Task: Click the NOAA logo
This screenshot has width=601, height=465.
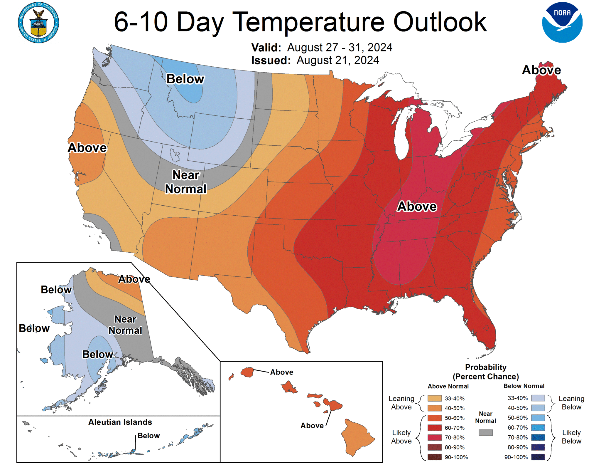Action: [x=562, y=22]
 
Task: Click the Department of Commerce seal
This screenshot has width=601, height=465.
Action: [x=38, y=23]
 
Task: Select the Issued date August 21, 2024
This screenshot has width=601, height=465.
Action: [x=337, y=60]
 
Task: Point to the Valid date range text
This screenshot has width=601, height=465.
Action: [x=340, y=47]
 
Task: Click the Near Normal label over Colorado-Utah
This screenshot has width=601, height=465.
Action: [x=185, y=182]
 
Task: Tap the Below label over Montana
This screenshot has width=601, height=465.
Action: [x=185, y=79]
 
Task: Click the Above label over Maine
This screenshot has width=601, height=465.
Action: [x=541, y=70]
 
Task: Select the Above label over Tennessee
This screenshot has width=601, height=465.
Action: [x=417, y=207]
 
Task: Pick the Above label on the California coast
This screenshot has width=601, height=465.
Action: [x=87, y=148]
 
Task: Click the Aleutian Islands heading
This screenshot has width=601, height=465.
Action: [x=120, y=422]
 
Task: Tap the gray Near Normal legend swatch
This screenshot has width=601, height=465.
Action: [x=485, y=432]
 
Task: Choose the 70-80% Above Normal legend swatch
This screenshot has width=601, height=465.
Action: [x=434, y=437]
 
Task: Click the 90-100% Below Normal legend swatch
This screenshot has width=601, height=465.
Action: [x=538, y=457]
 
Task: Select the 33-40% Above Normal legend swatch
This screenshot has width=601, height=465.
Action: [x=434, y=398]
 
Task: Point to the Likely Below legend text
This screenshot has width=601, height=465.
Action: [x=571, y=437]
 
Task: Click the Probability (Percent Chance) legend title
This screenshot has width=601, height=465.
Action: [x=486, y=372]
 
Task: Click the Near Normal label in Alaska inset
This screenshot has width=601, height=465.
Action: [x=125, y=325]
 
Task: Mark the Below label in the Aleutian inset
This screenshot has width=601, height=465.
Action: [x=148, y=436]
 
